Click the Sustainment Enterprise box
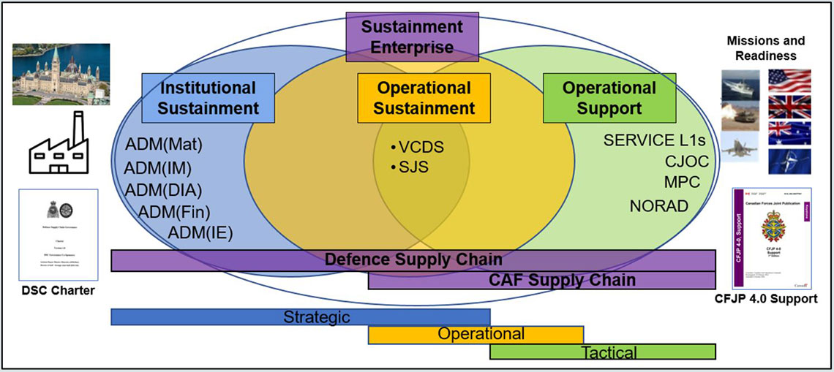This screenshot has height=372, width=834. (412, 37)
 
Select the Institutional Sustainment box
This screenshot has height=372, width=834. (209, 98)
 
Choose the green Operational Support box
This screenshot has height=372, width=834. (609, 98)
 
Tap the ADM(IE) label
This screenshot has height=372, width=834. (200, 233)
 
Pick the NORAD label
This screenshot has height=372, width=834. (658, 205)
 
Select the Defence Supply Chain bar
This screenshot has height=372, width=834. (413, 260)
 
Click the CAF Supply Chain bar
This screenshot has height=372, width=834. (541, 280)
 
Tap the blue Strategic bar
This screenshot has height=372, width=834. (300, 317)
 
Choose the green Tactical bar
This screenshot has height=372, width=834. (602, 352)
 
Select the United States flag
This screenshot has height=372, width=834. (789, 83)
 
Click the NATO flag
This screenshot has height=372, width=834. (789, 161)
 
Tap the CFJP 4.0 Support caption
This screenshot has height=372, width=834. (775, 299)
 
